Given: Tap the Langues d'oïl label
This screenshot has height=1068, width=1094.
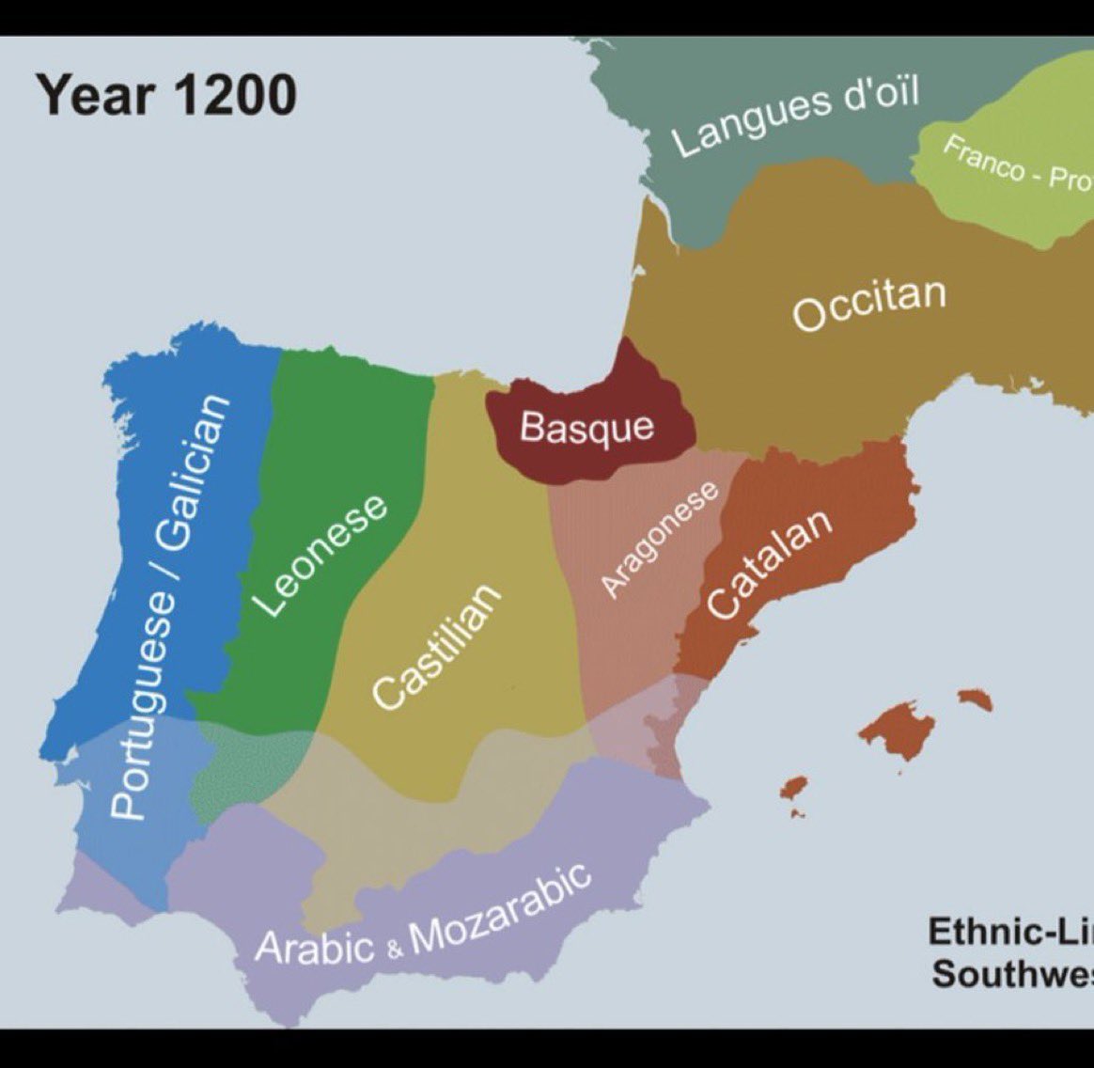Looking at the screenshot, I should coord(795,118).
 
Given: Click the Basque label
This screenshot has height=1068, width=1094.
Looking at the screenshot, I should coord(586,428).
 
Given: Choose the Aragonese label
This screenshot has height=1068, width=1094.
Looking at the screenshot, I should coord(659,539).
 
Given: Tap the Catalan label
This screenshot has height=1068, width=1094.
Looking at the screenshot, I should coord(768,564).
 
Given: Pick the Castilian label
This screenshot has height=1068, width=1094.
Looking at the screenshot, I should coord(436,647).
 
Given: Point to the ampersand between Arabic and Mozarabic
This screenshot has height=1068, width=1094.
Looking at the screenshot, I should coord(395,948).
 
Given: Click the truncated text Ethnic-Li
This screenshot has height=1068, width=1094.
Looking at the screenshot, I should coord(1010,932).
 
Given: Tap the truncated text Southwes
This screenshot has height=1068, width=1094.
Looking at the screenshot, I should coord(1012,974).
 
